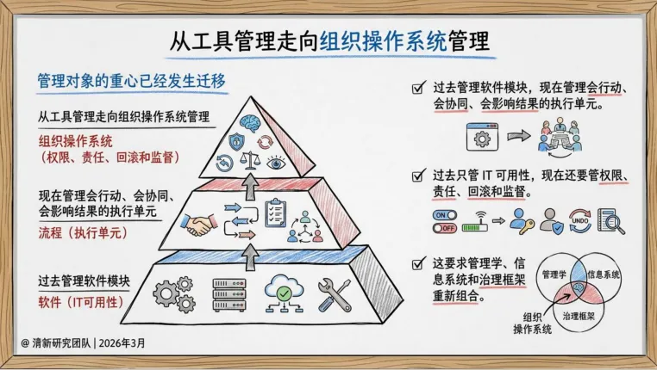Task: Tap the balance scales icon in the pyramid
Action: [250, 158]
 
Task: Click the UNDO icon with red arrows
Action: [580, 221]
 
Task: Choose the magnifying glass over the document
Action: [610, 221]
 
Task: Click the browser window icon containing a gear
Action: [483, 136]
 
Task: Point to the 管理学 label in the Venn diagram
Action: [554, 274]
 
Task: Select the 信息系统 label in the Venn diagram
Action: [604, 274]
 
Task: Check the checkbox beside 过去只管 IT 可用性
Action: [418, 174]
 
